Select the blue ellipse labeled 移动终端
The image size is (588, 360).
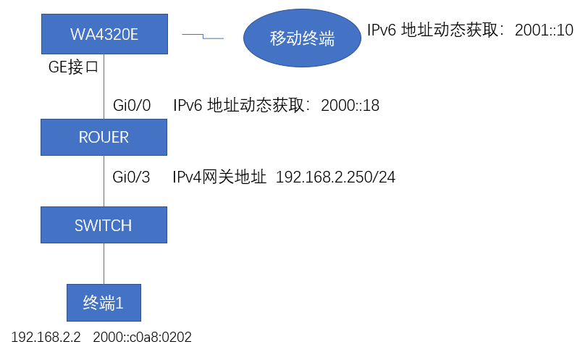click(x=302, y=38)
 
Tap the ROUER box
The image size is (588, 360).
click(x=104, y=137)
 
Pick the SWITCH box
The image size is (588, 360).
click(x=104, y=225)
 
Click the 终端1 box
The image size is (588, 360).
click(x=104, y=303)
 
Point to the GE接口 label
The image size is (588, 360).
click(x=72, y=68)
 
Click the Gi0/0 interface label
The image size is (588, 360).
click(x=132, y=106)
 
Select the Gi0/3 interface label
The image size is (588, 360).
click(x=132, y=177)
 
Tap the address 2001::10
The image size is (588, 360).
click(x=544, y=30)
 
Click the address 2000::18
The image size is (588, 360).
click(x=350, y=106)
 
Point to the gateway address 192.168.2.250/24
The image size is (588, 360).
click(x=335, y=177)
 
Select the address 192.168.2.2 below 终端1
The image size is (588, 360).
click(x=46, y=338)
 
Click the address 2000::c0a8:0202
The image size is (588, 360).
click(x=142, y=338)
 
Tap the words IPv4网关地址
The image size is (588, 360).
click(x=220, y=177)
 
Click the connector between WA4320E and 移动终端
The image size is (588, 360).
click(x=203, y=35)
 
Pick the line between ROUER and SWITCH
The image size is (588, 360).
click(x=104, y=180)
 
